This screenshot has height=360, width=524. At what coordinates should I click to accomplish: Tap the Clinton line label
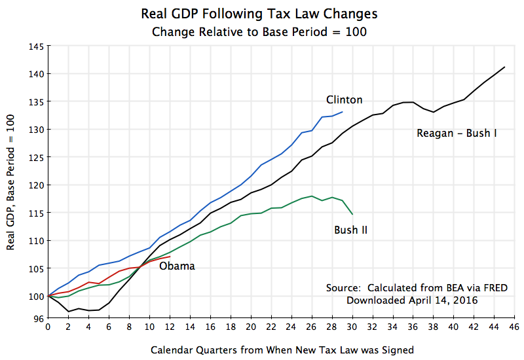tap(345, 99)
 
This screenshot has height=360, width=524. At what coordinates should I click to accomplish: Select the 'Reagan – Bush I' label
tap(457, 134)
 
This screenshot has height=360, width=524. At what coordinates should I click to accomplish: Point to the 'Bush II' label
tap(350, 230)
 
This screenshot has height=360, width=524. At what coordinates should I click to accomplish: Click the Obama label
tap(177, 266)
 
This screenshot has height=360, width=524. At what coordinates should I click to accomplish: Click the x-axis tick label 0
tap(48, 327)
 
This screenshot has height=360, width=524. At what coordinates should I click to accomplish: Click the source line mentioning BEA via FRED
tap(417, 288)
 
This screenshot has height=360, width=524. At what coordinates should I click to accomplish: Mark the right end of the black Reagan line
tap(504, 67)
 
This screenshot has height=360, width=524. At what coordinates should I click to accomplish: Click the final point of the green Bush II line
tap(352, 214)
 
